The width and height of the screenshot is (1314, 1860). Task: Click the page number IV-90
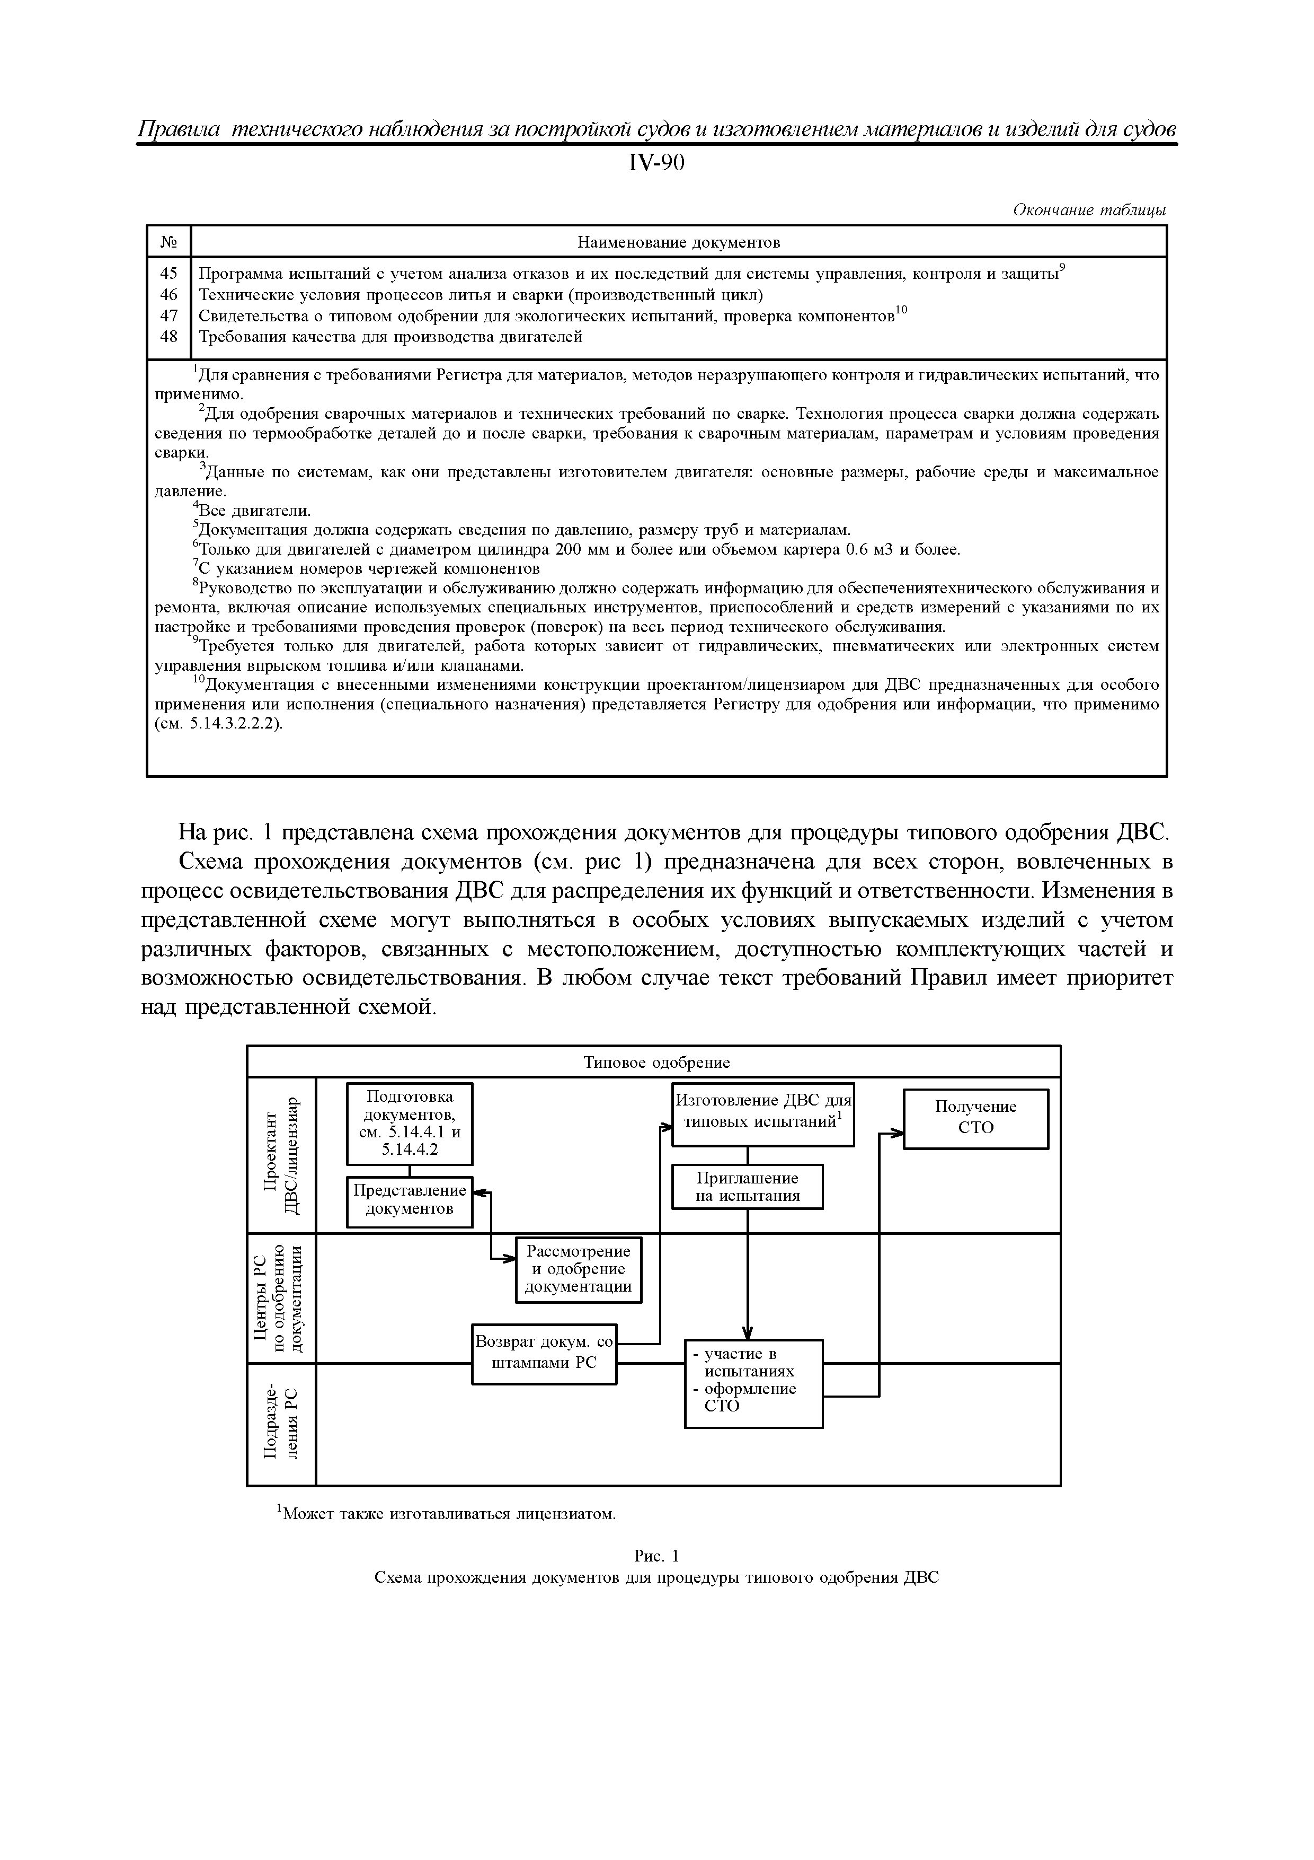656,164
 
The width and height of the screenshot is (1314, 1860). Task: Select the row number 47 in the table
168,315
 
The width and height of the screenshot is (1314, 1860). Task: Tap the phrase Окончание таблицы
1089,210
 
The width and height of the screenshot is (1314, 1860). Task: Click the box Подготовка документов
409,1123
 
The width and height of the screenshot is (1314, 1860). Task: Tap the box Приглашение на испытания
747,1187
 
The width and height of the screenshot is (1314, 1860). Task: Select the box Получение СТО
975,1117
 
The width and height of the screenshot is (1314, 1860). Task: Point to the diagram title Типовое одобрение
656,1062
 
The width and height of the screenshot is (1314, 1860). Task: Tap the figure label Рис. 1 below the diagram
656,1556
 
